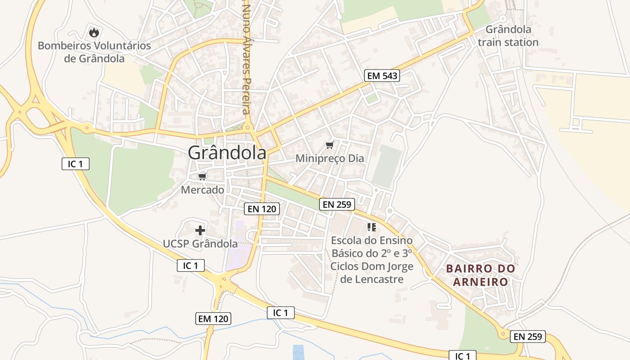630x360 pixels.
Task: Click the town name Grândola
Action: click(227, 153)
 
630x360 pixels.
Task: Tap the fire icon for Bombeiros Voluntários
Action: click(94, 32)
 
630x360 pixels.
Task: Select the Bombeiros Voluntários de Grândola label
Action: click(94, 52)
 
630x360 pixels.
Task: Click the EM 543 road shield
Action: click(382, 76)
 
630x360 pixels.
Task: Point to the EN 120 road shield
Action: click(262, 209)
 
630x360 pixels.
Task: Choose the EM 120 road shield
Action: click(213, 319)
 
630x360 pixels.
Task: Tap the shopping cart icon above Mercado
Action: click(202, 176)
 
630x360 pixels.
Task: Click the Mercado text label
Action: click(202, 190)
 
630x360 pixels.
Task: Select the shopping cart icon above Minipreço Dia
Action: click(330, 145)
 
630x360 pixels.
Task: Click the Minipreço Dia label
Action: click(330, 158)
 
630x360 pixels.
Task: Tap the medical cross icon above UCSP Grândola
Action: click(200, 231)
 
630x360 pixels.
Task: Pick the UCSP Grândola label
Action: click(200, 244)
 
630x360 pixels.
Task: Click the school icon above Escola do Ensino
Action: click(372, 227)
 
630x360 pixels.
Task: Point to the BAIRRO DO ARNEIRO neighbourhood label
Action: click(481, 275)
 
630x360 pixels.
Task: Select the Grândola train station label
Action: click(508, 36)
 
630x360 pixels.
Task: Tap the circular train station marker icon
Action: click(503, 18)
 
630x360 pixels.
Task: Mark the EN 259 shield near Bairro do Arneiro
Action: click(528, 336)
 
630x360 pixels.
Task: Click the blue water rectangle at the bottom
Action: click(298, 352)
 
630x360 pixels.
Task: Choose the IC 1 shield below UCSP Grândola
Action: click(191, 265)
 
